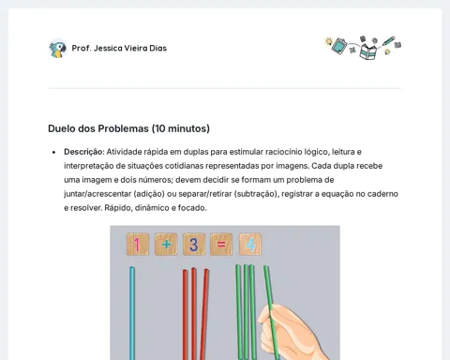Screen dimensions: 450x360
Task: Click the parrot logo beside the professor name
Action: point(58,49)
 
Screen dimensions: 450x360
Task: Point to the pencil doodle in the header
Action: point(388,41)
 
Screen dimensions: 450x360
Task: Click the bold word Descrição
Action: point(83,152)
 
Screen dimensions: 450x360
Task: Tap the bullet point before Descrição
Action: point(54,152)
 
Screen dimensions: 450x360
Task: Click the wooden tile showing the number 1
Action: point(138,245)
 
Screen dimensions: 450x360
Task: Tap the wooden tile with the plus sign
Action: point(166,244)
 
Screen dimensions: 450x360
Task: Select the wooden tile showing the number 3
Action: point(194,244)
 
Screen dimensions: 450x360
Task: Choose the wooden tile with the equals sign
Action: point(221,244)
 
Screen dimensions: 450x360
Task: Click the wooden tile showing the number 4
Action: point(250,244)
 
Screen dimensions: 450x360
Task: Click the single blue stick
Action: point(132,313)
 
